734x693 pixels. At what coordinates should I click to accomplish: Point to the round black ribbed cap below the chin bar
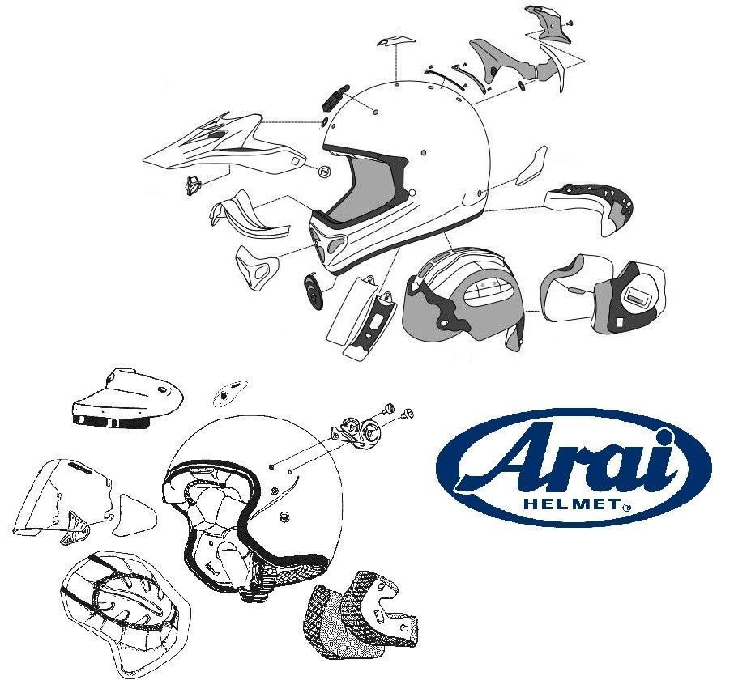click(x=314, y=290)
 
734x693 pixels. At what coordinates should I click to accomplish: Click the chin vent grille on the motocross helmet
click(x=331, y=242)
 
